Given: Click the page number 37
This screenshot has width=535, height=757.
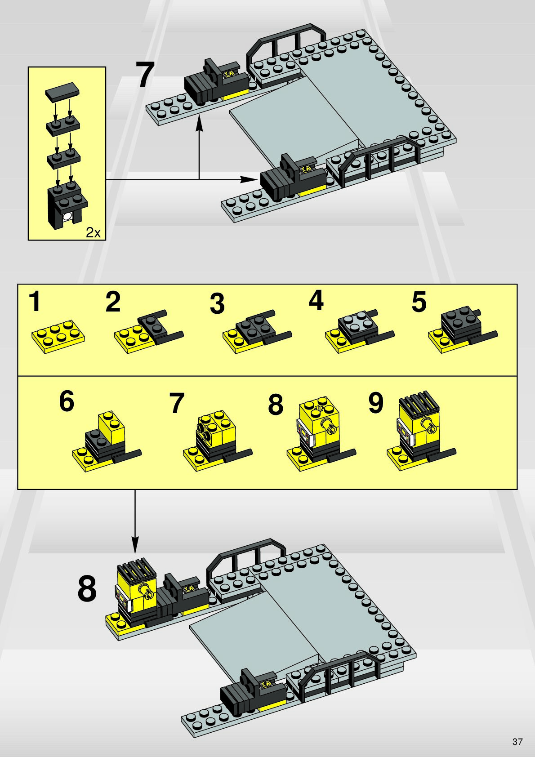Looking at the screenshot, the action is click(x=517, y=741).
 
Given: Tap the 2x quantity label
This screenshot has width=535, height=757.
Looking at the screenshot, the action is click(x=93, y=233).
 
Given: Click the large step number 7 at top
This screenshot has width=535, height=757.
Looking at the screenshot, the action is click(x=145, y=75).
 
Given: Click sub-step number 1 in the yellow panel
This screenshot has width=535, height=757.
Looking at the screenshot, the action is click(x=35, y=302).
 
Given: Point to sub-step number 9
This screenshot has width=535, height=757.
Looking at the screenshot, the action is click(x=376, y=403).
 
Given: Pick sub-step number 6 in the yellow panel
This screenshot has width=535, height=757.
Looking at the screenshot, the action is click(x=67, y=401).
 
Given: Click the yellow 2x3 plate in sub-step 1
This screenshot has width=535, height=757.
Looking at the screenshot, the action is click(x=58, y=337).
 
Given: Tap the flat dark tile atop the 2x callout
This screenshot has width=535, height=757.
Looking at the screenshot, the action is click(x=63, y=91).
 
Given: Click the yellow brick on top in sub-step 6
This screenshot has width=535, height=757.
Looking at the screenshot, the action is click(x=111, y=427).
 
